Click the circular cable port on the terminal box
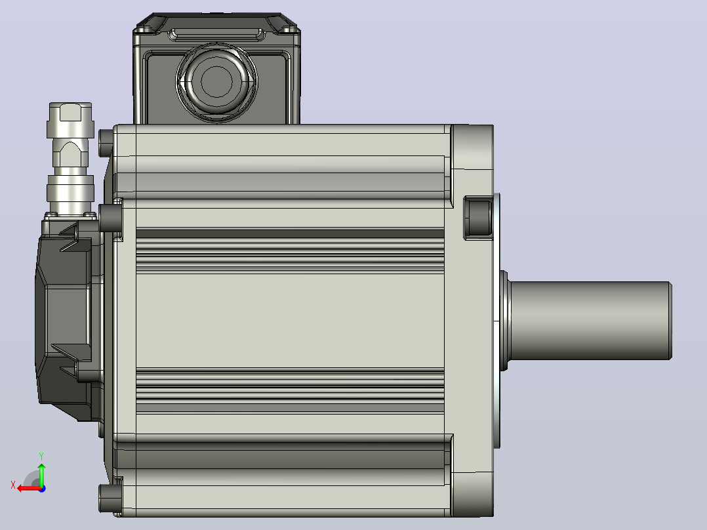pos(216,81)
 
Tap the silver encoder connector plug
pos(71,158)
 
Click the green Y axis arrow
pos(41,474)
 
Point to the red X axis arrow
pos(30,489)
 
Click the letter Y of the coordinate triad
pos(41,456)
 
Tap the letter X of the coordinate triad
pos(13,485)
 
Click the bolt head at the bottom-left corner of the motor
pos(110,499)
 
